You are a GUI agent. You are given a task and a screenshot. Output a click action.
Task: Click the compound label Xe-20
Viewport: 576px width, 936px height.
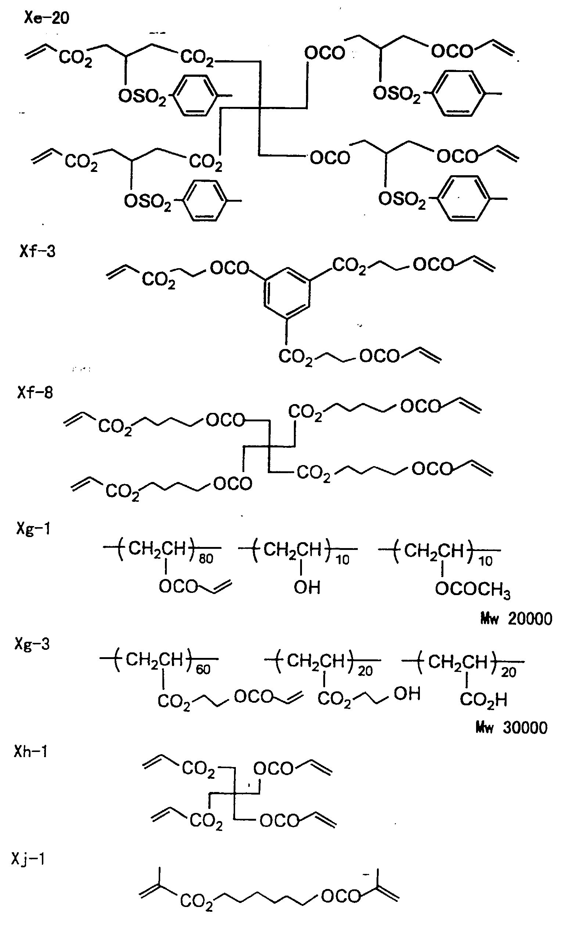pyautogui.click(x=47, y=18)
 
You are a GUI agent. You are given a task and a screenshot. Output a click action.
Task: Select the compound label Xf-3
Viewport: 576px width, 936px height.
pyautogui.click(x=37, y=251)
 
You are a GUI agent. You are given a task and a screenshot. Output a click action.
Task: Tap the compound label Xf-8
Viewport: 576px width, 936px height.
pyautogui.click(x=35, y=392)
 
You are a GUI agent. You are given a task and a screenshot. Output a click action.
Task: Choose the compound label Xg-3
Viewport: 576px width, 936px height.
pyautogui.click(x=32, y=644)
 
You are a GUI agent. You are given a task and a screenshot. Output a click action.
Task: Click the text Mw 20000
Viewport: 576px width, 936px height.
pyautogui.click(x=516, y=619)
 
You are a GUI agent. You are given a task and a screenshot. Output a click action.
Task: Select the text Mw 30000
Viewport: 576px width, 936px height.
pyautogui.click(x=511, y=728)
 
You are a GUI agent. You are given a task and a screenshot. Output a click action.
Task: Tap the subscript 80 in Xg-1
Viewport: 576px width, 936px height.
pyautogui.click(x=206, y=559)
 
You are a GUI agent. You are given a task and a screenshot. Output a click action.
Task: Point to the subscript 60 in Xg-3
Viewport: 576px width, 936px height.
pyautogui.click(x=203, y=670)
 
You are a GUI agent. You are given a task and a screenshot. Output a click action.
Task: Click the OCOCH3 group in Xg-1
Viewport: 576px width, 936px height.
pyautogui.click(x=472, y=590)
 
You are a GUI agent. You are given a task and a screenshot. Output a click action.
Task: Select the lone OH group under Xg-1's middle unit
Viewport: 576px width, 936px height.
pyautogui.click(x=307, y=587)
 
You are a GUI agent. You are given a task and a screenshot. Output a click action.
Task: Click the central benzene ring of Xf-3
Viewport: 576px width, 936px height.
pyautogui.click(x=286, y=294)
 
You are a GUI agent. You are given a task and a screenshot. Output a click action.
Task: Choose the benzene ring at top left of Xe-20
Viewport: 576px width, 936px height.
pyautogui.click(x=196, y=95)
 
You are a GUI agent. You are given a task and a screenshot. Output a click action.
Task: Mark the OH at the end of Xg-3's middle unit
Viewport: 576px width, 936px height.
pyautogui.click(x=407, y=694)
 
